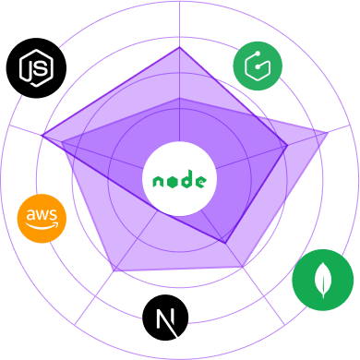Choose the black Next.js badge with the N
click(x=166, y=319)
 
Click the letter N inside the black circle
click(x=166, y=319)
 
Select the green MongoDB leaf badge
click(x=322, y=281)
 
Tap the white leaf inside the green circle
click(x=322, y=280)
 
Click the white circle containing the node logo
click(x=179, y=179)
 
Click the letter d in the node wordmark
click(x=186, y=179)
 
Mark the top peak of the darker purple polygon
click(x=179, y=48)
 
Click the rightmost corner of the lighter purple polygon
click(x=329, y=135)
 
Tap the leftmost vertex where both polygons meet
click(x=42, y=137)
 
